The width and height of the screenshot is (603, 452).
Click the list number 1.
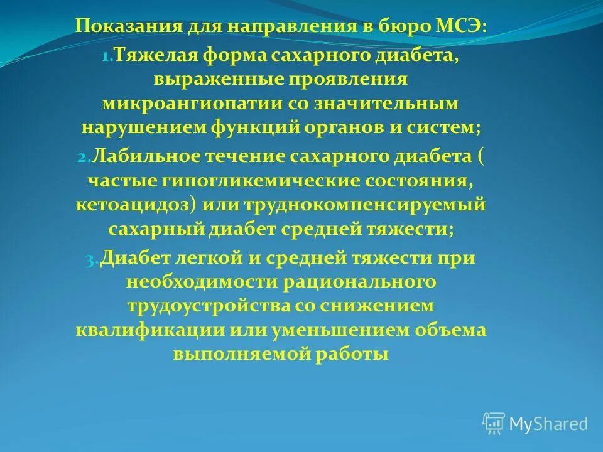(x=106, y=57)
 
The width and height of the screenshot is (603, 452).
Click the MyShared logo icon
(x=494, y=423)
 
